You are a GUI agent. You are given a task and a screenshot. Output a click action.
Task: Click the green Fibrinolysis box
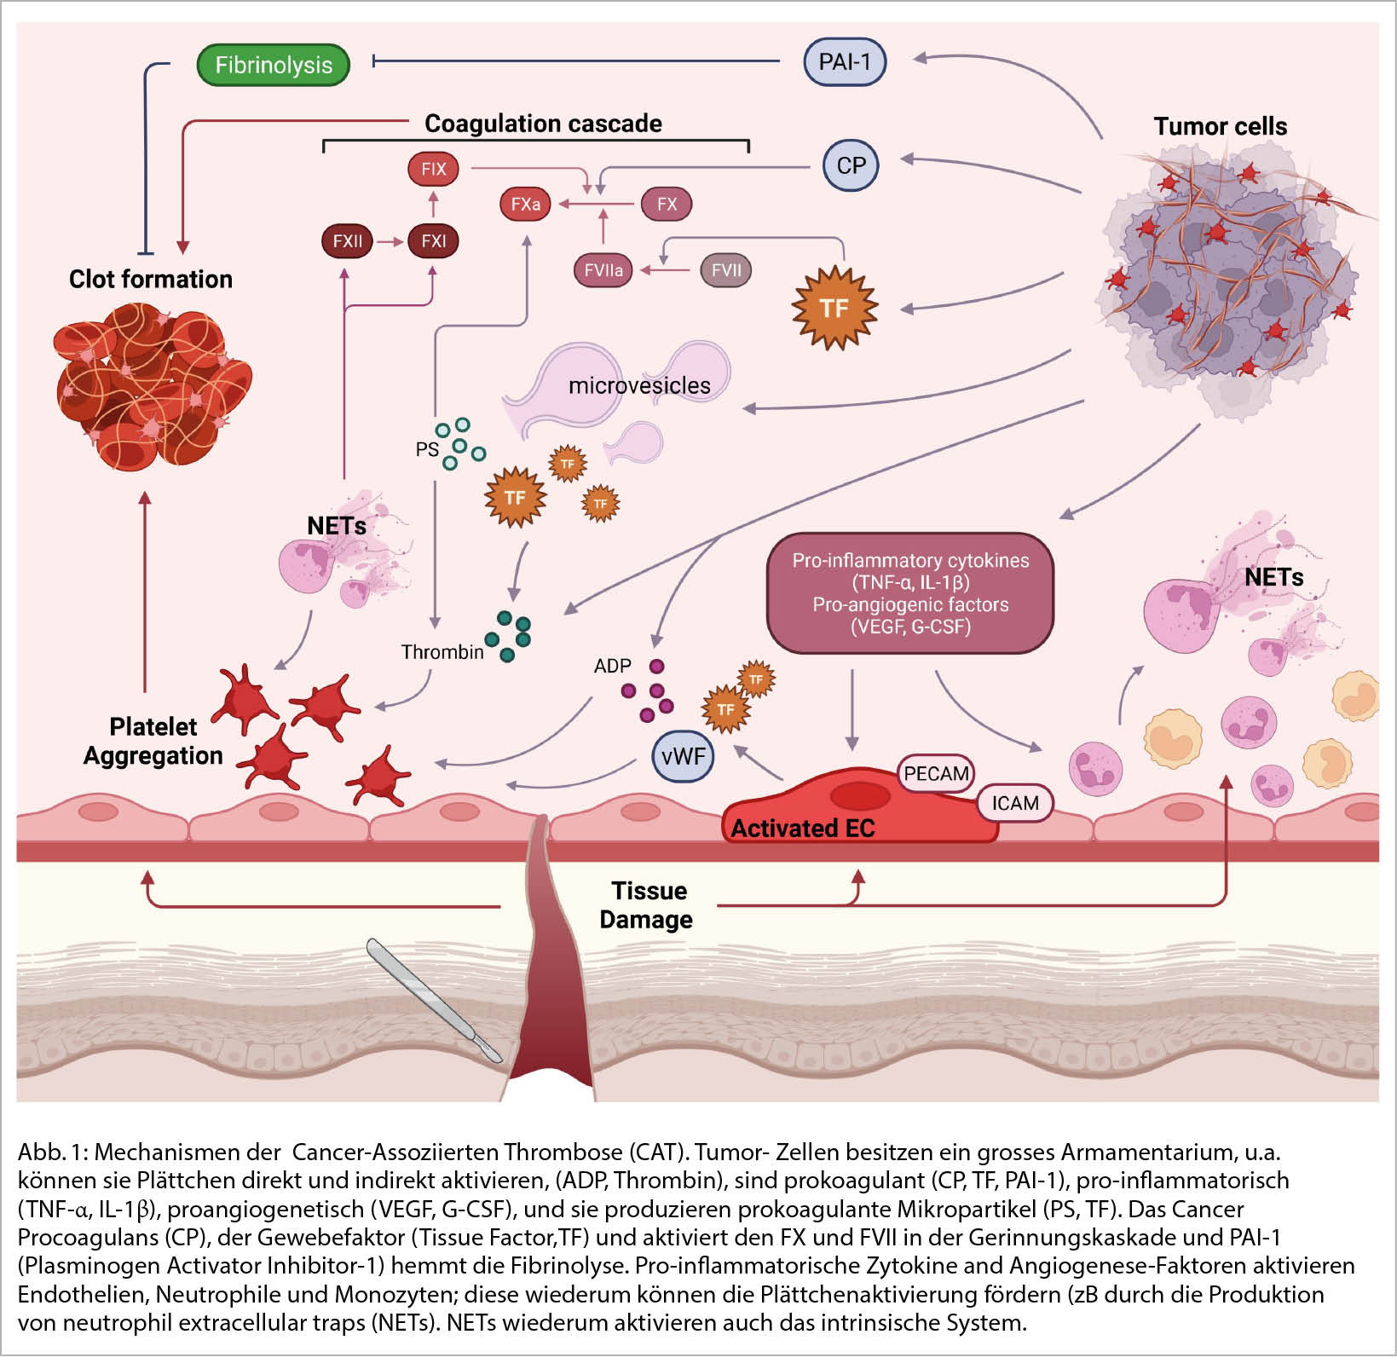coord(273,65)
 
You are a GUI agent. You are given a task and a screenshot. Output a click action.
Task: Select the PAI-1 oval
coord(844,61)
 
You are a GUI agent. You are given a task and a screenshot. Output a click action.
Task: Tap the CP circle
coord(850,165)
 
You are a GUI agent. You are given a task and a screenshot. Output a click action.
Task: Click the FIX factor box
coord(433,169)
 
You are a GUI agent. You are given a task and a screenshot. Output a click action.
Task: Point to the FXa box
coord(525,205)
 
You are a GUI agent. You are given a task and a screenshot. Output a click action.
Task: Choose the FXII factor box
coord(347,241)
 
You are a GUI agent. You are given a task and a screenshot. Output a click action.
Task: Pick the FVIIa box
coord(603,271)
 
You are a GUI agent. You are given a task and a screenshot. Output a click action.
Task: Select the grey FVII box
coord(725,271)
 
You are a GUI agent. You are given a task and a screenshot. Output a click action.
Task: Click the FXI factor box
coord(433,241)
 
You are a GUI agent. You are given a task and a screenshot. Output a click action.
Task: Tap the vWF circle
coord(683,755)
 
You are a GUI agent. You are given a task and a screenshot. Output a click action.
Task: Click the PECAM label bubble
coord(936,773)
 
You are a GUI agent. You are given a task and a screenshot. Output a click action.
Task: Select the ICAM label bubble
coord(1014,803)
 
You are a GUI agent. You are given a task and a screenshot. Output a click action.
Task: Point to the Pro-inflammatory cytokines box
coord(909,593)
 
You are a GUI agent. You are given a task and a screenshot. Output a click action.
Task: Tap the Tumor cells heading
coord(1220,126)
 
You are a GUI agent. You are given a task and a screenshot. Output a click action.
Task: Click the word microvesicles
coord(639,385)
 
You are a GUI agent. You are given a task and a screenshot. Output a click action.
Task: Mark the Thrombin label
coord(442,652)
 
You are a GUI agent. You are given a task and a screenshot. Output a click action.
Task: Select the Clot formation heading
coord(150,279)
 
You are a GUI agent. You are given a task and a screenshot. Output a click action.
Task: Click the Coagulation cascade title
coord(543,124)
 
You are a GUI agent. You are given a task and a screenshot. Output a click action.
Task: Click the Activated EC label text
coord(802,829)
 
